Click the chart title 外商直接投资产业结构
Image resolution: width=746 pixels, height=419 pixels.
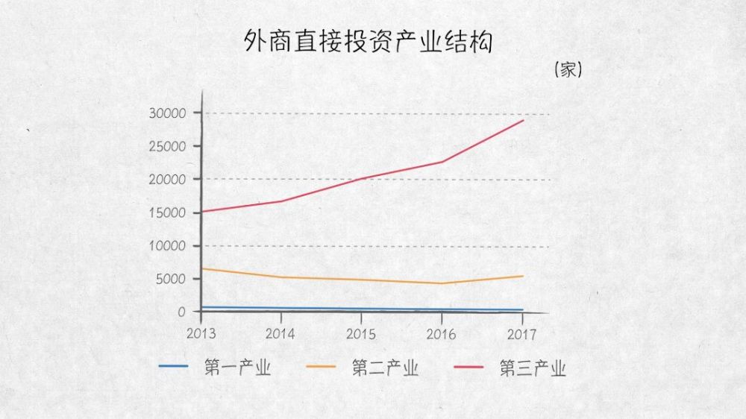tap(369, 42)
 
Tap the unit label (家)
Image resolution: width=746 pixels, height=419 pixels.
tap(568, 71)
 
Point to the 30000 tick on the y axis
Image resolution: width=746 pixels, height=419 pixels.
tap(168, 113)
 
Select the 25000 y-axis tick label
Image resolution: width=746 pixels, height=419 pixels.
tap(168, 147)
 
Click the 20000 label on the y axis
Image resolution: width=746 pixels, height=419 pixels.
tap(168, 180)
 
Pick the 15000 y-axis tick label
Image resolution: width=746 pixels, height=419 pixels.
tap(168, 213)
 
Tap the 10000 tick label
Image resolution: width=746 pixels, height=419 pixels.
tap(168, 246)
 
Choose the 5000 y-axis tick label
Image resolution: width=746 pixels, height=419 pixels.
tap(171, 280)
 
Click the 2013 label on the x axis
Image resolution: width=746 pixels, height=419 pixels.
tap(201, 333)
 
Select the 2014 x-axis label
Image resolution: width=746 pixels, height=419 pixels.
tap(281, 333)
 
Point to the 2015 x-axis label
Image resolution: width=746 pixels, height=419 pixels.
tap(361, 333)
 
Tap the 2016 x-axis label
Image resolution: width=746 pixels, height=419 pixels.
tap(442, 333)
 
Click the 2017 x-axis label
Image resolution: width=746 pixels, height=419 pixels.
tap(522, 333)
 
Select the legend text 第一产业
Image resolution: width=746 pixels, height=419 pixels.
tap(236, 368)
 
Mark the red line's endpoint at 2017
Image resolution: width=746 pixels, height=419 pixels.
tap(524, 120)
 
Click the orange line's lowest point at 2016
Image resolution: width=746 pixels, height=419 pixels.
tap(442, 283)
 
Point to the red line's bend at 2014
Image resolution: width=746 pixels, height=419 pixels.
tap(281, 201)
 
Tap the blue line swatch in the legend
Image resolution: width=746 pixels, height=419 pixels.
tap(173, 366)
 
